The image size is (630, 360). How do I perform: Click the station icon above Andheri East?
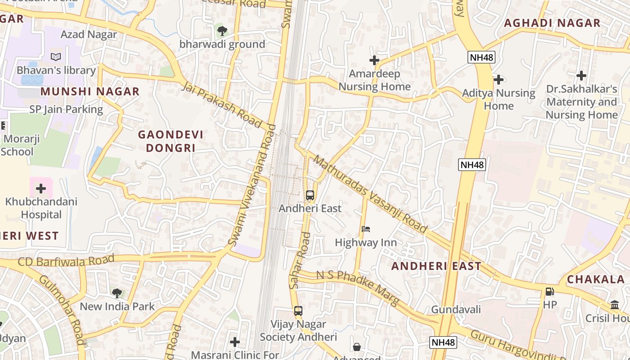[310, 195]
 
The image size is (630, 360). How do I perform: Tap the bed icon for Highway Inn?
[366, 229]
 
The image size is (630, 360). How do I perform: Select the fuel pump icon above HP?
[549, 292]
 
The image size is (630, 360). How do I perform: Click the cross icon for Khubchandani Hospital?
[41, 188]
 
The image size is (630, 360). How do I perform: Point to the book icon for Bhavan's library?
[56, 57]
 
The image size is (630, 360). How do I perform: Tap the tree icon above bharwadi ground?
[222, 31]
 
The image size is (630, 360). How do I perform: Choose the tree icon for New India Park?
[117, 293]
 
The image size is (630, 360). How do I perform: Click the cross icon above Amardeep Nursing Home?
[374, 60]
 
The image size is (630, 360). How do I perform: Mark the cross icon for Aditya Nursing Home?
[499, 80]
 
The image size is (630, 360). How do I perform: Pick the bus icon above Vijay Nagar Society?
[298, 310]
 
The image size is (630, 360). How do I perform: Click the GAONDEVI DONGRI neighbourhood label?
[171, 141]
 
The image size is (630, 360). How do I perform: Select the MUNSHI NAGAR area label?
[90, 91]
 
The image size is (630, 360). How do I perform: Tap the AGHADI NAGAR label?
[552, 23]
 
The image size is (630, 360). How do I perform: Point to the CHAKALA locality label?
[595, 279]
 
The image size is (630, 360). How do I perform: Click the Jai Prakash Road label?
[222, 104]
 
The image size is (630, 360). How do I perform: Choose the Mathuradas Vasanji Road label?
[370, 194]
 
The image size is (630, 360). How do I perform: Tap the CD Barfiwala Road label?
[66, 261]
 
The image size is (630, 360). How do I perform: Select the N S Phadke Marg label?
[358, 288]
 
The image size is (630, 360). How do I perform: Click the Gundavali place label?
[456, 309]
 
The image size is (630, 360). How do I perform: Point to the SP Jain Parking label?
[66, 109]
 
